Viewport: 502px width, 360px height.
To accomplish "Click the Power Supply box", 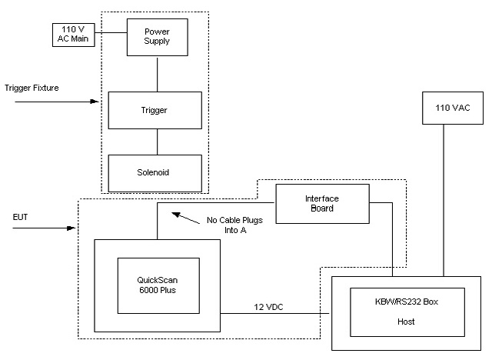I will [x=157, y=35].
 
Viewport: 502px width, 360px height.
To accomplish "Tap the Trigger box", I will [x=156, y=110].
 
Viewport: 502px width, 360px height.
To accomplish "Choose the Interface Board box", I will [x=322, y=204].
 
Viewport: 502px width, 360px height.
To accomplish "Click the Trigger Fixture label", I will [x=32, y=88].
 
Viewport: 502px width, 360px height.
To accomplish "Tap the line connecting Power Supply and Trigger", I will [x=157, y=74].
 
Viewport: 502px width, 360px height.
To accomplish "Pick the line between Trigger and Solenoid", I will [x=157, y=142].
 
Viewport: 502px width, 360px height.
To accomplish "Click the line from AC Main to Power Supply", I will [x=111, y=32].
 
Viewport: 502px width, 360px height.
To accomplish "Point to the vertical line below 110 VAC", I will [x=444, y=200].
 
